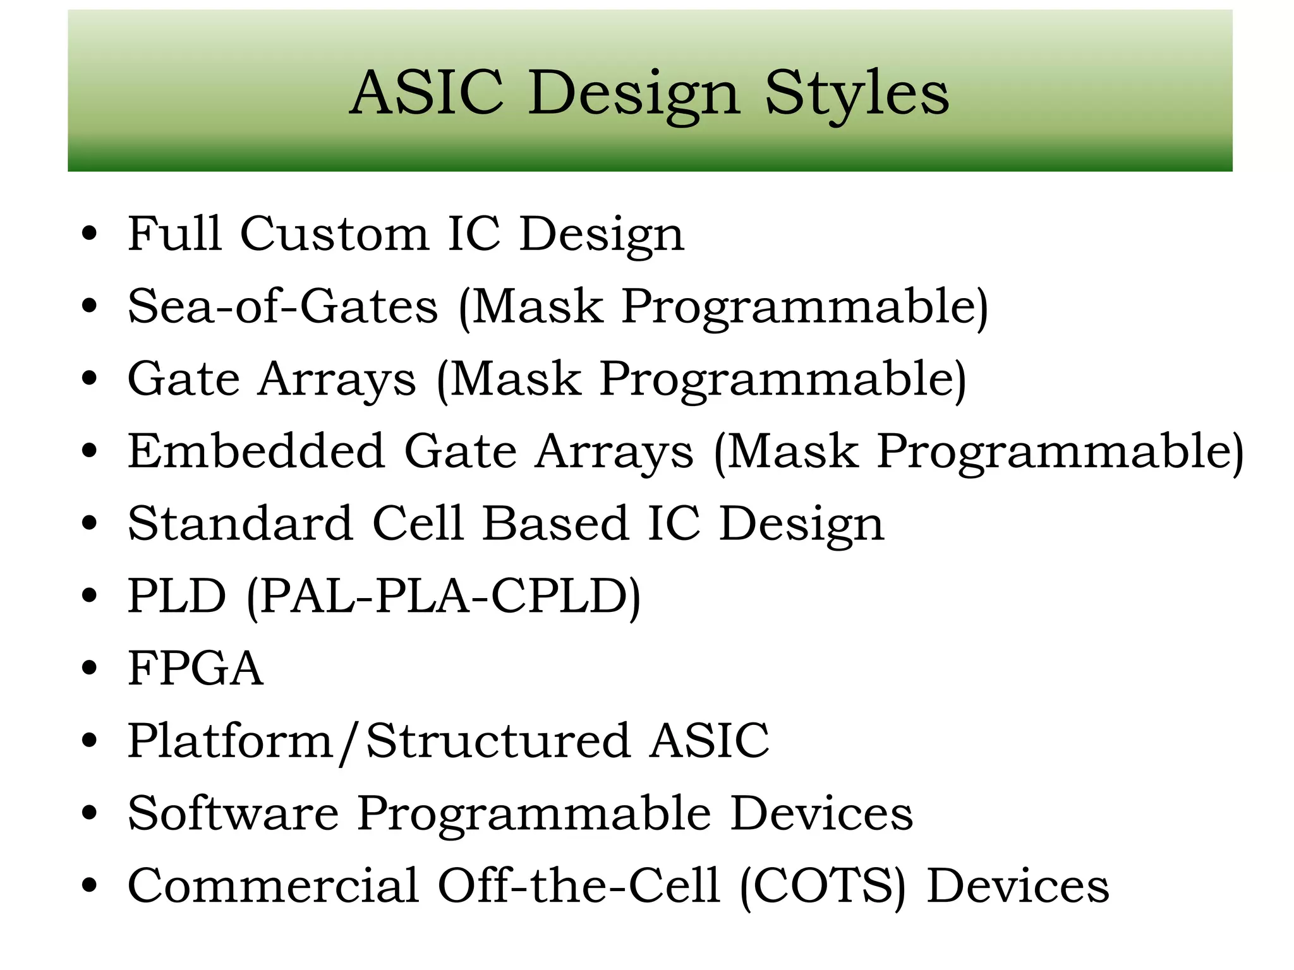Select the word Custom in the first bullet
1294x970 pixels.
pos(334,234)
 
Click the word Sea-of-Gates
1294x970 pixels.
pos(282,306)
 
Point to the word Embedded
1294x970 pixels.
pos(256,451)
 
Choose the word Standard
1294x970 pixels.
pos(240,524)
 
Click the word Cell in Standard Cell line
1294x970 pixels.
pos(418,524)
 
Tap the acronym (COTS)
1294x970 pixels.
pos(822,887)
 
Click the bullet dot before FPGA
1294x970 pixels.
pos(90,668)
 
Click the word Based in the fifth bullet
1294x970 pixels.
pos(555,524)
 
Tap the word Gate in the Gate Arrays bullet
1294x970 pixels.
pos(183,379)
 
